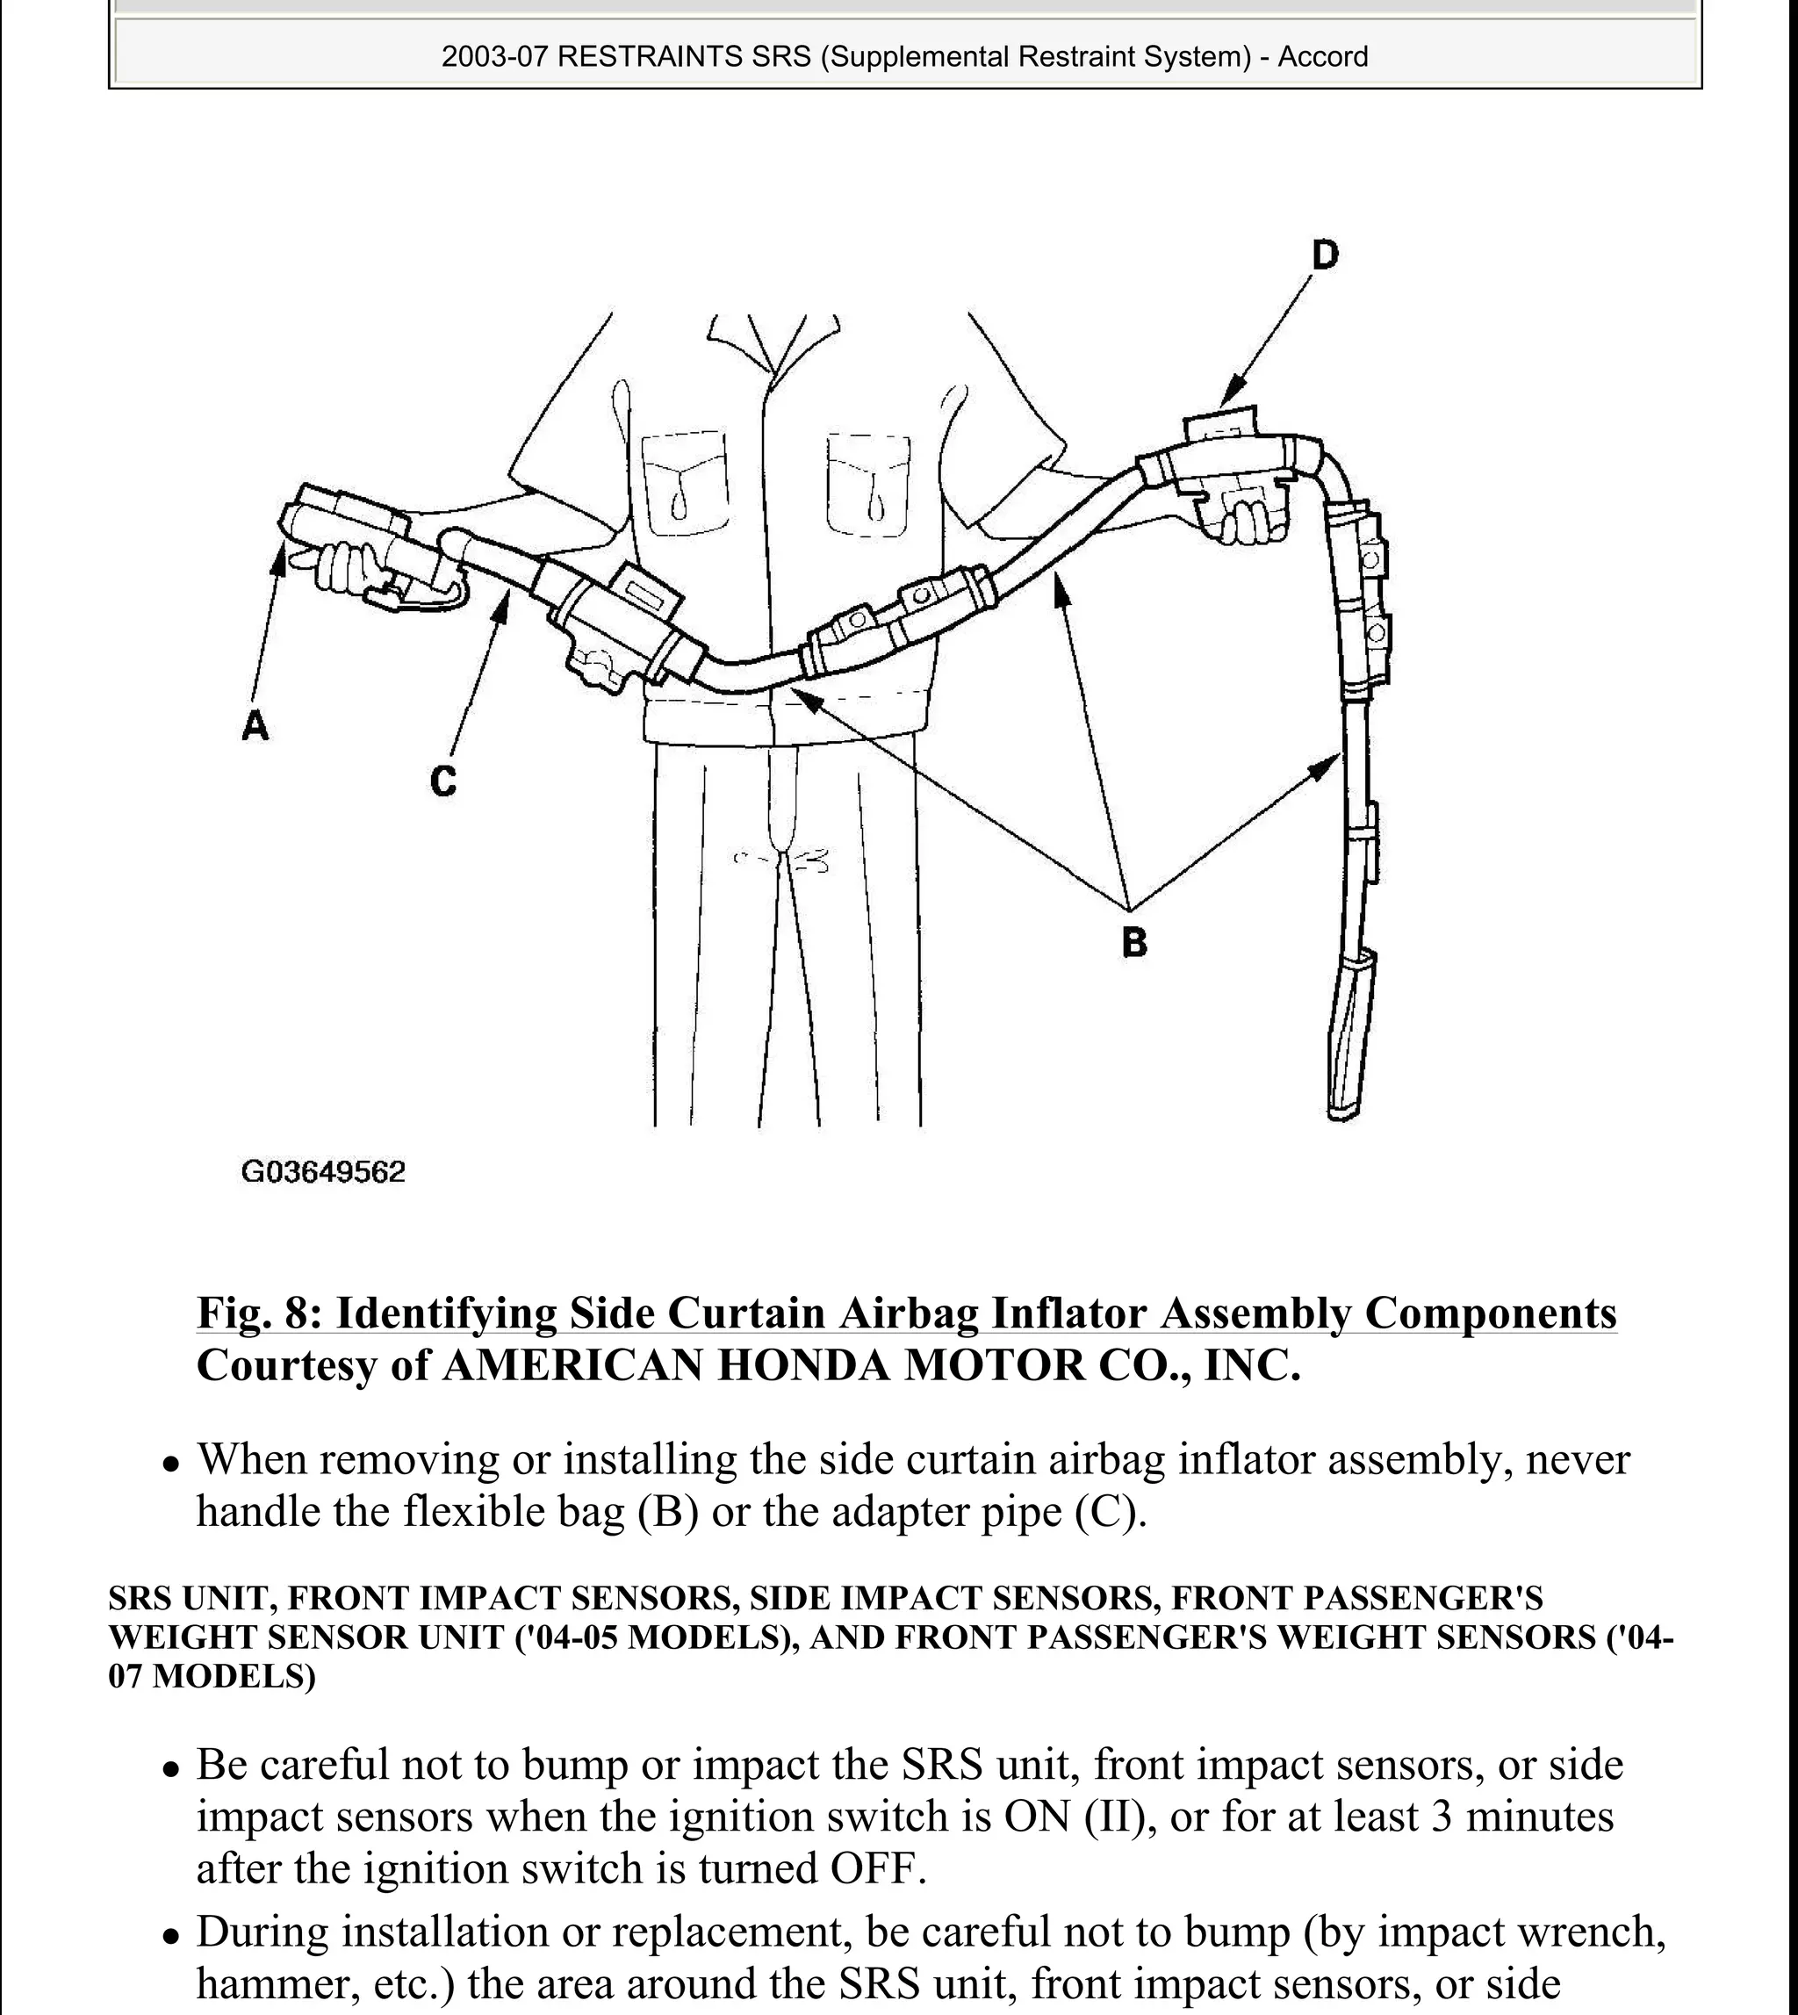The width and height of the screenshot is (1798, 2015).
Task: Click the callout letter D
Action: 1324,255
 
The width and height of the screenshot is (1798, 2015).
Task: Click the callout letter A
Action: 255,726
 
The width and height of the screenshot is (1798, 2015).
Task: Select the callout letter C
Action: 443,782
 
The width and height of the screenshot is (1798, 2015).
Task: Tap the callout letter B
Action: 1134,942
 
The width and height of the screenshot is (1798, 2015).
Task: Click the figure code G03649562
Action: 323,1172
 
